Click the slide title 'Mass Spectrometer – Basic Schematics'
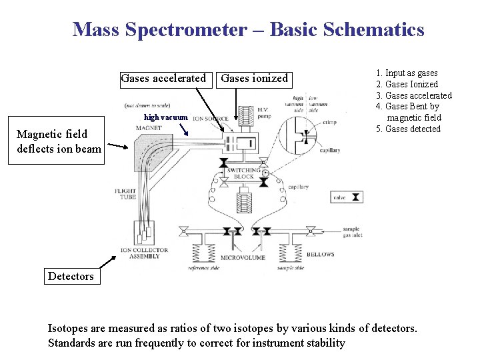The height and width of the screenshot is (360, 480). (248, 29)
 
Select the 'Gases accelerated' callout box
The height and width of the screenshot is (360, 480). (163, 79)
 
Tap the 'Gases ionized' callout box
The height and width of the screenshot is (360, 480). (254, 79)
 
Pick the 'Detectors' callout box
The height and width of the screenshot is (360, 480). (71, 276)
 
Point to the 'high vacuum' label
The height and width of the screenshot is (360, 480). (166, 117)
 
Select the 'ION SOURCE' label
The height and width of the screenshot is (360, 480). (210, 119)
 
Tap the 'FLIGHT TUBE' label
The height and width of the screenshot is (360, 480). (125, 194)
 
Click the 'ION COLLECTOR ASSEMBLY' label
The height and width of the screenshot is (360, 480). (144, 254)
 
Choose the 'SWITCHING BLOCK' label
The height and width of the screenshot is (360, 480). (243, 174)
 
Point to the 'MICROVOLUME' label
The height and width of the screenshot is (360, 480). (243, 257)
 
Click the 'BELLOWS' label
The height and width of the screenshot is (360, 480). (321, 255)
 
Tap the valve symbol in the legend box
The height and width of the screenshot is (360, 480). (357, 197)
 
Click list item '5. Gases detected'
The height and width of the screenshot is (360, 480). (408, 129)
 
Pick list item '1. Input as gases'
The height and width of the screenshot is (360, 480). (407, 73)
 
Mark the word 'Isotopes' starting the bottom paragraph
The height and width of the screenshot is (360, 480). (67, 328)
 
